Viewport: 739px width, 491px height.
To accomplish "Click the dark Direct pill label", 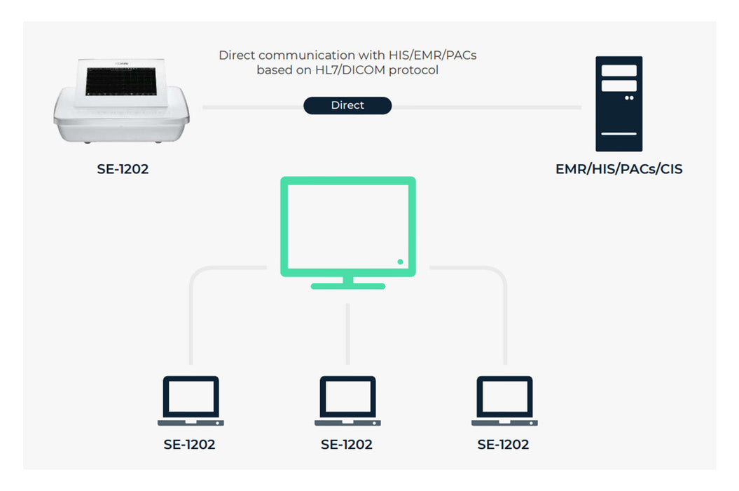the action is coord(347,105).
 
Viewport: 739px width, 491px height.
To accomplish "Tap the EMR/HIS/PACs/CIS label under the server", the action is coord(619,169).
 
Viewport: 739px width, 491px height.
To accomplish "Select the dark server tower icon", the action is coord(619,104).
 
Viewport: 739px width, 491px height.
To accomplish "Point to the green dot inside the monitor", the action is coord(400,262).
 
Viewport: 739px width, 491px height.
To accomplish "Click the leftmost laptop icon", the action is coord(191,401).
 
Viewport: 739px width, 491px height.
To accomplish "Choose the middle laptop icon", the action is coord(348,401).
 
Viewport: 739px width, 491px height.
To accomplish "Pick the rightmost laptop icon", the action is coord(505,401).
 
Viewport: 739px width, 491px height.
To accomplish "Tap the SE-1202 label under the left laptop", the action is coord(189,444).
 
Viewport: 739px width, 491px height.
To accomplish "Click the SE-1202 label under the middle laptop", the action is coord(347,444).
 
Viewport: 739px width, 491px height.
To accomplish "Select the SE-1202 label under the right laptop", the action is coord(504,444).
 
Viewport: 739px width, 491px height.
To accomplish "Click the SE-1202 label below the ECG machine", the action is coord(123,169).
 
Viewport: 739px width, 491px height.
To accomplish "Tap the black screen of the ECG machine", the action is coord(121,81).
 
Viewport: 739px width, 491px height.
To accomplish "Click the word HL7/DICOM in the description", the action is coord(350,70).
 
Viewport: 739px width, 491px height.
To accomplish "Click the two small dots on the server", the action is coord(629,98).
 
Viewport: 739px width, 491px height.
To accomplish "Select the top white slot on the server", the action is coord(619,71).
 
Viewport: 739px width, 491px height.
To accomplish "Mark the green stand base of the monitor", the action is coord(348,286).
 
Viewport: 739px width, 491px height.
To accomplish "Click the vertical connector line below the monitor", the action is coord(348,334).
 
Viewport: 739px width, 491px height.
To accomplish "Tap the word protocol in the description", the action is coord(413,70).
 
